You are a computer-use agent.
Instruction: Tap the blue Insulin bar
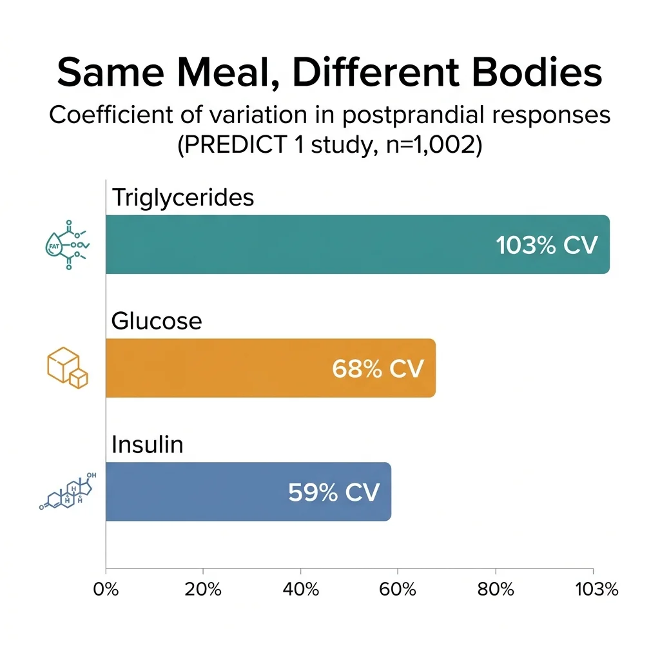pos(193,492)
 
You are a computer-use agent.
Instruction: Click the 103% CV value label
pos(547,245)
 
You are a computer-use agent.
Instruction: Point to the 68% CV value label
pos(378,369)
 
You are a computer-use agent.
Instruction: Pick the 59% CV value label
pos(334,492)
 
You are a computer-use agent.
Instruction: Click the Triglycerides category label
pos(183,197)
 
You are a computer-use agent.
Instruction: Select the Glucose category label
pos(157,321)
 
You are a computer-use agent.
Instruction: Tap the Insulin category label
pos(148,445)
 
